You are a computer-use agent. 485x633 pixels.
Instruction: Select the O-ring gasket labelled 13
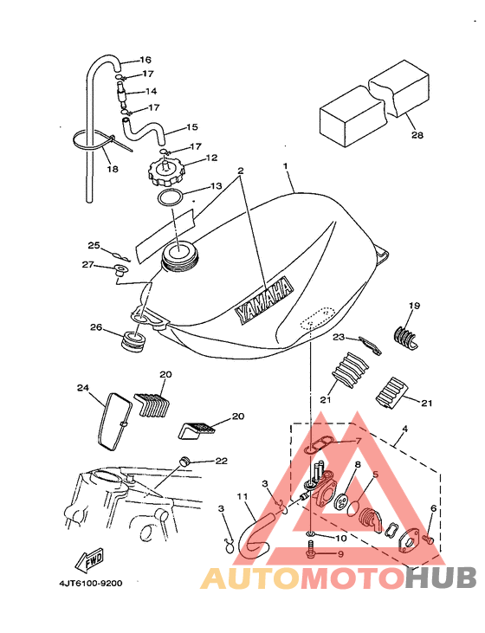170,197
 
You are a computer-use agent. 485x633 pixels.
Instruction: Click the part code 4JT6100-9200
90,584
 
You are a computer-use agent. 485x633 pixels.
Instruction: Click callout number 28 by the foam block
417,135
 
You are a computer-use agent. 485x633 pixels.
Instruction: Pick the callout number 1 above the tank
286,166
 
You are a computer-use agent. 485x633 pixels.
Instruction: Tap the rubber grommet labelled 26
133,341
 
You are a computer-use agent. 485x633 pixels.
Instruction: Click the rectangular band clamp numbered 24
114,421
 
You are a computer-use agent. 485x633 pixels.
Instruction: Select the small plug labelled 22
184,461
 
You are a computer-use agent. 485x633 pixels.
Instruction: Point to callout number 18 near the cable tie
113,169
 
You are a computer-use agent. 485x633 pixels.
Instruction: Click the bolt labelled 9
311,551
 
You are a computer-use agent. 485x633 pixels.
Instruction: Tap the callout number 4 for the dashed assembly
404,429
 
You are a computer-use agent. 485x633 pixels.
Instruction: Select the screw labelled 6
428,539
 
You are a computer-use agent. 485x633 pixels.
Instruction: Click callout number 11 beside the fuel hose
242,496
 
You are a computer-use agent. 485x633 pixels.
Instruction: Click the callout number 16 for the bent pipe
145,60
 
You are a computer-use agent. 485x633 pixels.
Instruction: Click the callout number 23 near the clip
339,337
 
